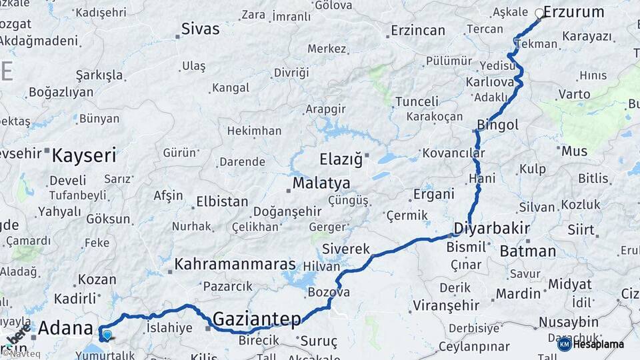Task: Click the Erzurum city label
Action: coord(573,12)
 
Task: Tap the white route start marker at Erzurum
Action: coord(539,13)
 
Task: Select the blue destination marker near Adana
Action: coord(107,334)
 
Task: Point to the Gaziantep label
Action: coord(257,320)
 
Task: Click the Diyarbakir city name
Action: coord(491,229)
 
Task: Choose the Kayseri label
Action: coord(84,156)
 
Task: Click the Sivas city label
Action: coord(201,29)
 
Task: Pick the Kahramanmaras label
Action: coord(235,265)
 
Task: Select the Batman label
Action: coord(527,251)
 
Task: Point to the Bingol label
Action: coord(497,125)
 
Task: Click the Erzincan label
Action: coord(418,31)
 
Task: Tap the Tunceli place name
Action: coord(417,101)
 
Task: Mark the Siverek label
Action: coord(345,249)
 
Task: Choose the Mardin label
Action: coord(518,293)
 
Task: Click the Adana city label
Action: coord(65,328)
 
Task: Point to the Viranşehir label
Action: coord(446,305)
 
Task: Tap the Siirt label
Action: coord(581,230)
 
